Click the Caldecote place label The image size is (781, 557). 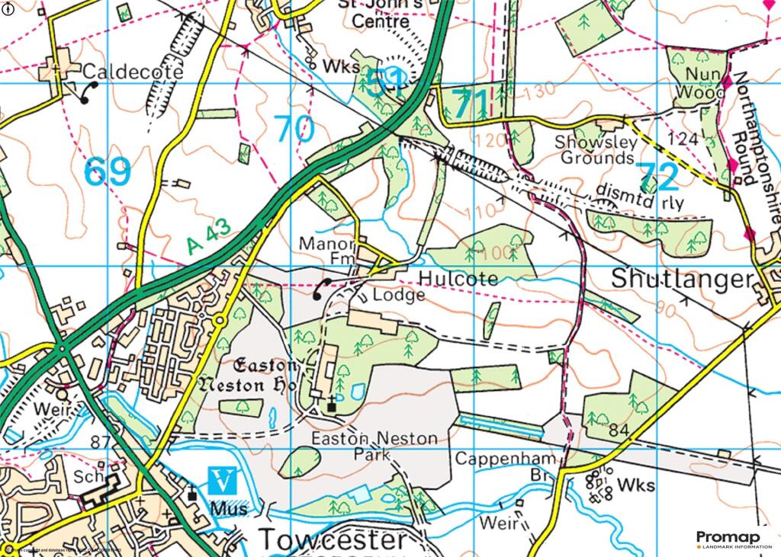coord(133,72)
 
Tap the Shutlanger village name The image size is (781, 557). coord(682,279)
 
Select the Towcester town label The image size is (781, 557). coord(333,539)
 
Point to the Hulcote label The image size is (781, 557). coord(458,279)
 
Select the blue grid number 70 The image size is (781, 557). coord(294,129)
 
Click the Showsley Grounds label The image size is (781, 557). coord(594,150)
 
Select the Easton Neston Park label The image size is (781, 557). coord(374,447)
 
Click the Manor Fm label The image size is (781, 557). coord(329,252)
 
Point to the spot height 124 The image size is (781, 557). coord(682,139)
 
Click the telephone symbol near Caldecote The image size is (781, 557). coord(86,91)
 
